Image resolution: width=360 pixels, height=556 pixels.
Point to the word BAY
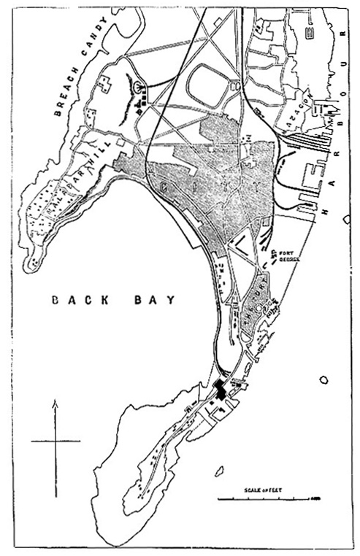click(x=156, y=300)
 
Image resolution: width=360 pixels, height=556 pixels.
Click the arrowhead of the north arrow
click(x=55, y=402)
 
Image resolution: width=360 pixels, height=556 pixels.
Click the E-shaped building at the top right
click(x=310, y=32)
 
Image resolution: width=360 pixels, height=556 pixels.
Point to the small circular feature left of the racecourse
click(x=139, y=88)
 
